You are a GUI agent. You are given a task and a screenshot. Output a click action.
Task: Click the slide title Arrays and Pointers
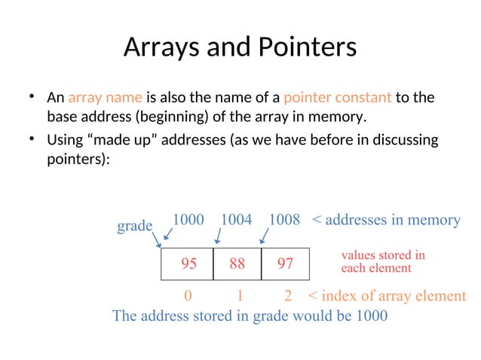point(240,47)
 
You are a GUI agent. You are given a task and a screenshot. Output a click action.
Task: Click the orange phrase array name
point(100,98)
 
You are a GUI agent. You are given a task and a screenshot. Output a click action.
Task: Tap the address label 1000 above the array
point(188,219)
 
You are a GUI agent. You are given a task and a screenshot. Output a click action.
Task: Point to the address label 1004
point(236,219)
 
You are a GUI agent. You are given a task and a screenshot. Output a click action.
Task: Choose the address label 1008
point(284,219)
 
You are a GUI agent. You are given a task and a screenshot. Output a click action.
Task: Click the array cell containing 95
point(188,264)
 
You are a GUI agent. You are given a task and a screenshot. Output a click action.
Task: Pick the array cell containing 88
point(237,264)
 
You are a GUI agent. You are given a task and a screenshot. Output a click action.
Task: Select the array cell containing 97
point(285,264)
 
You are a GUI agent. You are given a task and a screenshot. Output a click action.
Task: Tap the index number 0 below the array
point(188,296)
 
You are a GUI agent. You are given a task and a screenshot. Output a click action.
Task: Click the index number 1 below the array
point(239,296)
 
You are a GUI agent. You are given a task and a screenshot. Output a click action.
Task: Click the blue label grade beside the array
point(135,226)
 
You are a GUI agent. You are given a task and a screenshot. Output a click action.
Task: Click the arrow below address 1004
point(217,236)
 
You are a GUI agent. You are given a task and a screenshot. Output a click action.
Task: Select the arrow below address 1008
point(264,236)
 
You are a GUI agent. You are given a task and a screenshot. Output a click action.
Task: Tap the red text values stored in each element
point(382,261)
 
